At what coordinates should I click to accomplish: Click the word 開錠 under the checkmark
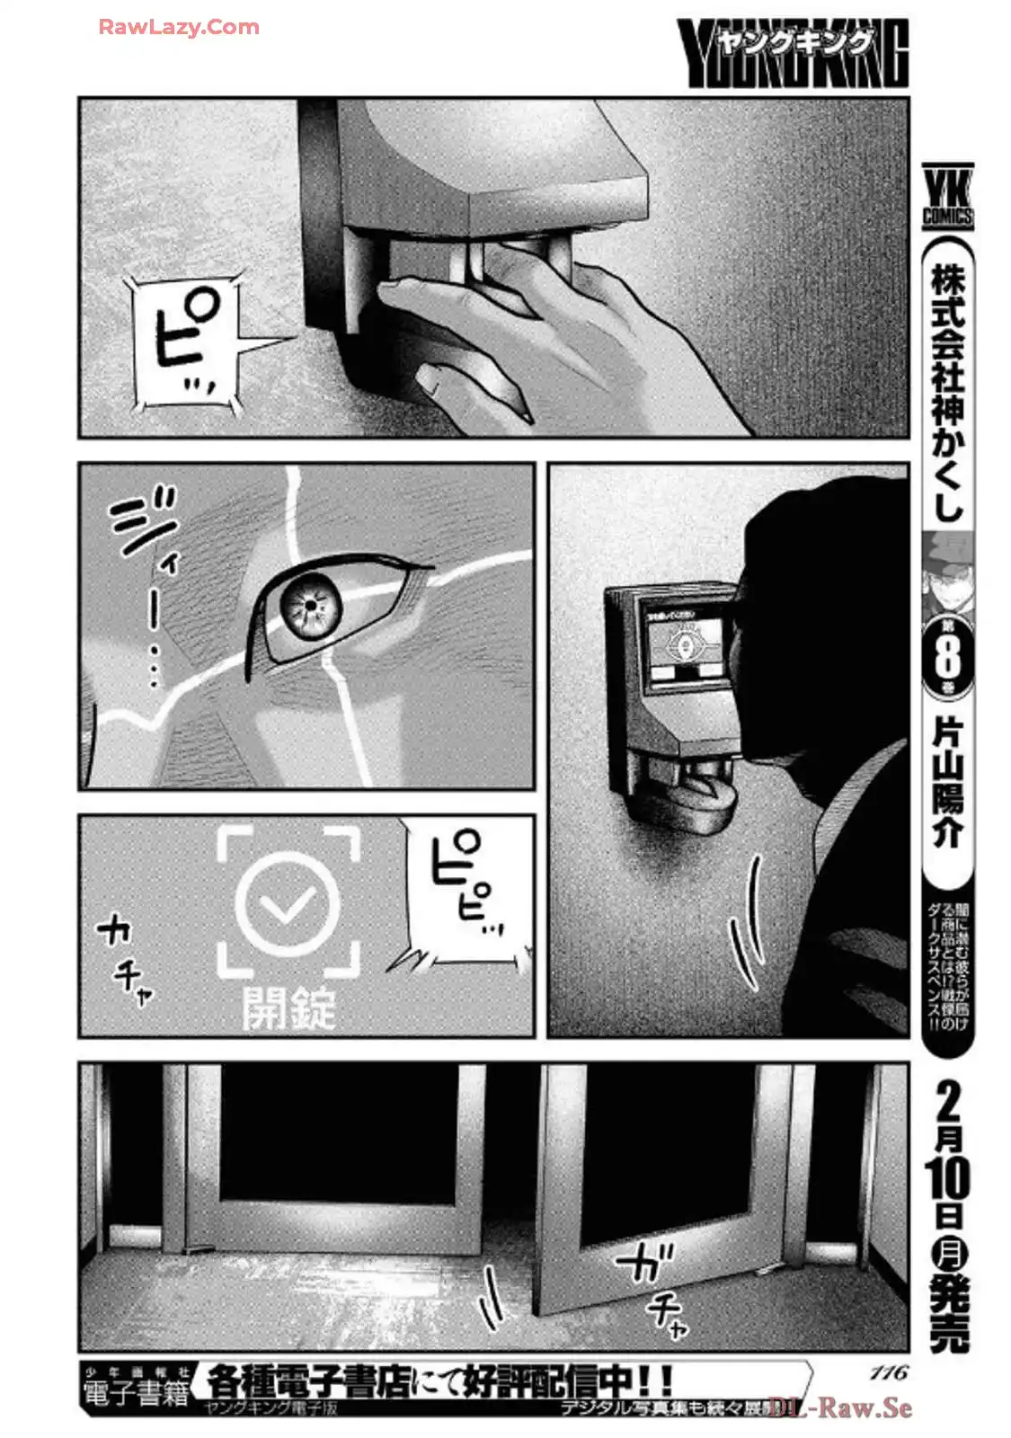288,1007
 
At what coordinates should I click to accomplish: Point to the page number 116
889,1372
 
